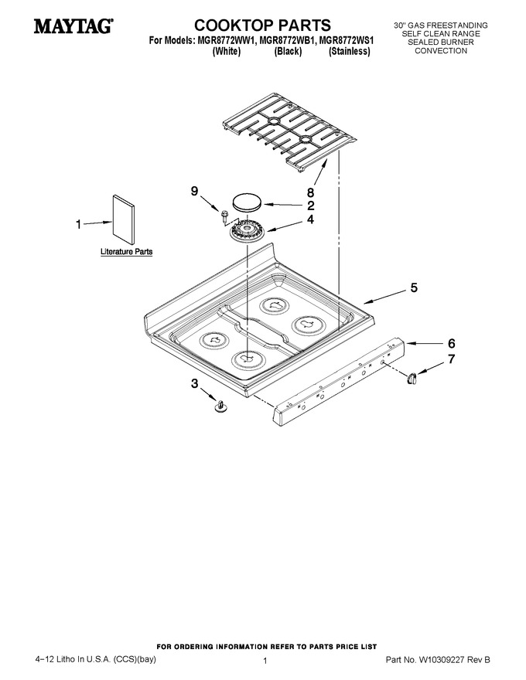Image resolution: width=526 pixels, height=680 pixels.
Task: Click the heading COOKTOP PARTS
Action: coord(262,25)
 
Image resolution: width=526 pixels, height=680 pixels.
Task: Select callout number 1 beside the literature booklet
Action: coord(79,224)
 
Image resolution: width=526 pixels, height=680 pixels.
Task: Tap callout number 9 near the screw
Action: coord(194,191)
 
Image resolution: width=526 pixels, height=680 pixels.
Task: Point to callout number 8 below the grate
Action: coord(310,192)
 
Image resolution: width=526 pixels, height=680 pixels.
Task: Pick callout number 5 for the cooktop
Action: coord(414,287)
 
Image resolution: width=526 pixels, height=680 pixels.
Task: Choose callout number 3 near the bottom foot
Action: coord(194,383)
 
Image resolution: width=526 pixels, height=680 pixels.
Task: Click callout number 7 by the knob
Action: coord(451,359)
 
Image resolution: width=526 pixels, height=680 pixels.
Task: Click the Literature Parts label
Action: coord(126,251)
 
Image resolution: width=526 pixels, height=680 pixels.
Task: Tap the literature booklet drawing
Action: coord(123,220)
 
